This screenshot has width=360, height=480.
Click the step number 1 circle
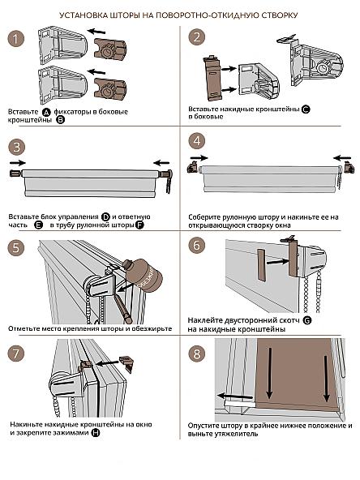point(15,39)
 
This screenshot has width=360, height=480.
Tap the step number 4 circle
point(196,141)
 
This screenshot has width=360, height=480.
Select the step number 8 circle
point(196,354)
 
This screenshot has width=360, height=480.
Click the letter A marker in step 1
point(46,112)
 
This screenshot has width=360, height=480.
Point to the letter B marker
point(61,120)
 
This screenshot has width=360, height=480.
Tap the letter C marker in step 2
point(306,109)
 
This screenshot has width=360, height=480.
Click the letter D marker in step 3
point(105,217)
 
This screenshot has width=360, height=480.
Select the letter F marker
point(139,225)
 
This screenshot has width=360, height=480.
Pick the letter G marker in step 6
point(306,320)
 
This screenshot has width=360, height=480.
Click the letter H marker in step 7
point(96,433)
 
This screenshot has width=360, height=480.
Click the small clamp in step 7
point(126,364)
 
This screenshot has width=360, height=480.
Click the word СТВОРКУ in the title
point(279,15)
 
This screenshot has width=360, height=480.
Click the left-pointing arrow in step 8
point(235,396)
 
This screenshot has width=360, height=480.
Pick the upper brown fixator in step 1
point(110,49)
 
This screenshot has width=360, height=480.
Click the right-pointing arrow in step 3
point(18,162)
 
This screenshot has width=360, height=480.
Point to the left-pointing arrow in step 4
point(342,158)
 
